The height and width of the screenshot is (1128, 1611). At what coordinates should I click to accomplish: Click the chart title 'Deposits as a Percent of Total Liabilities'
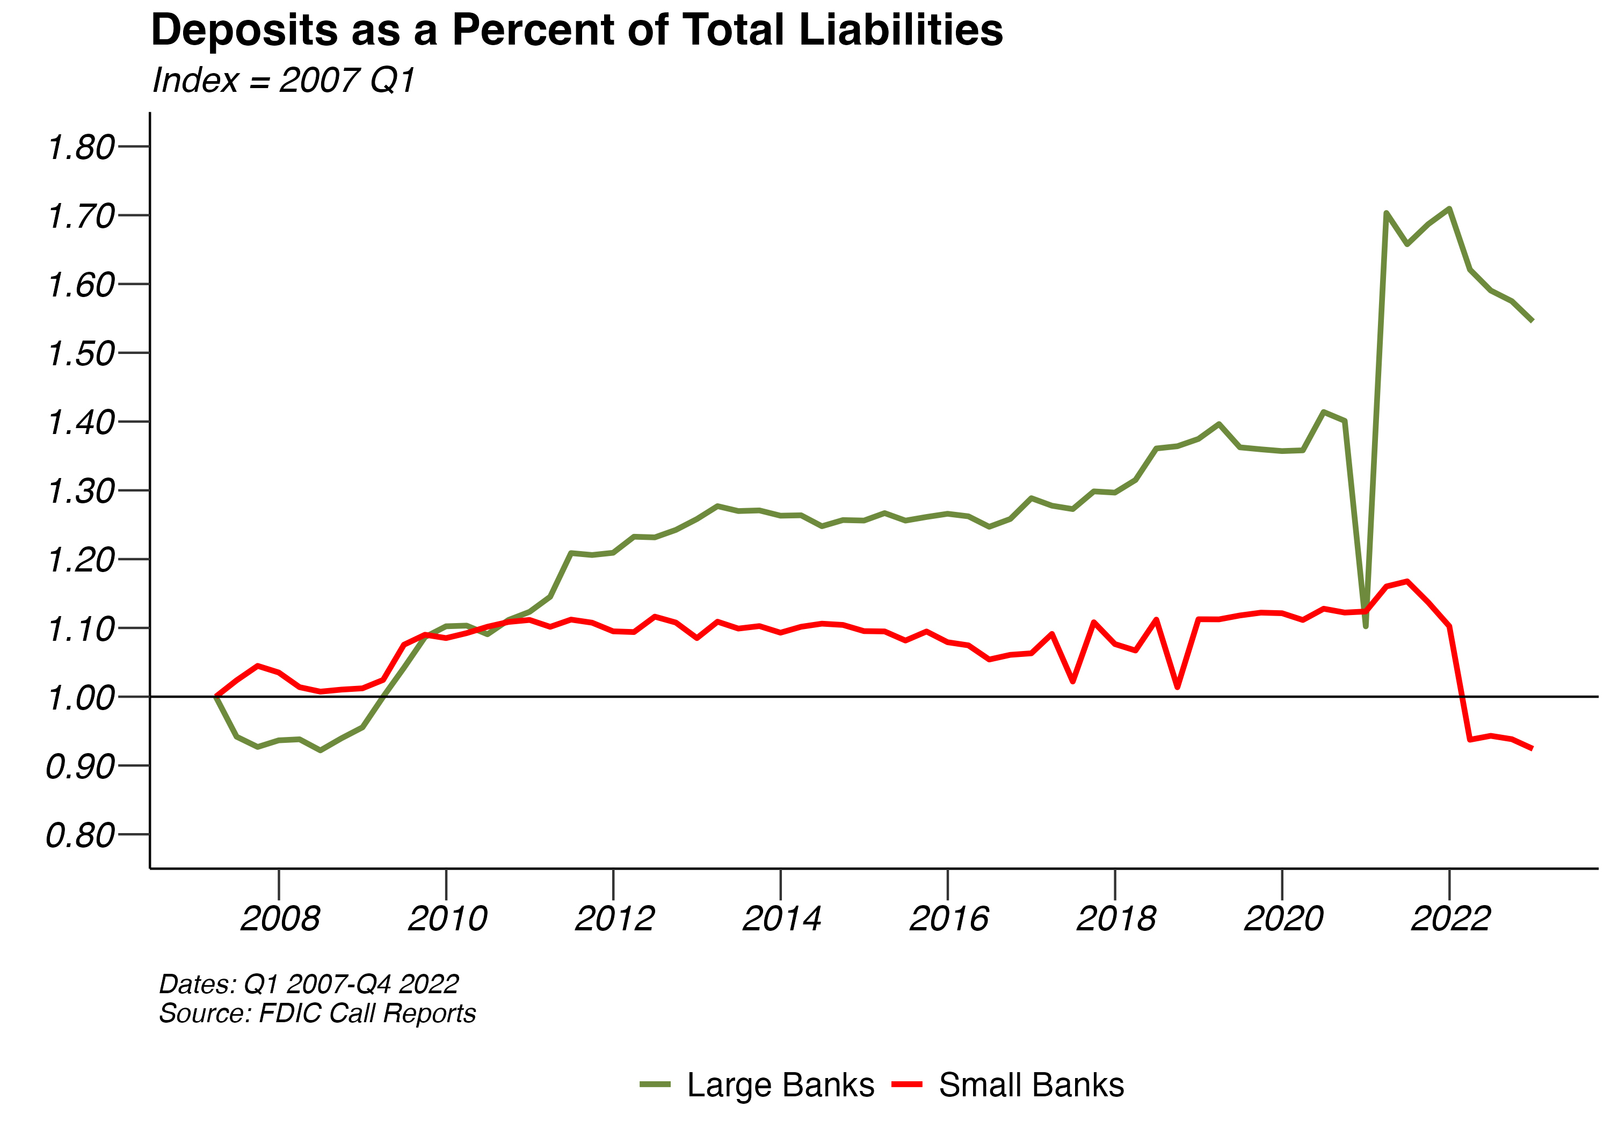point(577,31)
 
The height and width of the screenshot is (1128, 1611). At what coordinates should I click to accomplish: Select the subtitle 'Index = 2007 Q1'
point(284,80)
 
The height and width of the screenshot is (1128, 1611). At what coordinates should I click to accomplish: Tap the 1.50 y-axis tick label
point(81,354)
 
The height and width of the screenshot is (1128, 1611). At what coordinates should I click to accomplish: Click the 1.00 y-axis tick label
point(81,698)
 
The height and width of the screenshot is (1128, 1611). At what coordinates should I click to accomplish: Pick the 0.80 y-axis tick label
point(81,836)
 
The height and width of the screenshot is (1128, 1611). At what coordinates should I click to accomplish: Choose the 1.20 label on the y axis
point(81,561)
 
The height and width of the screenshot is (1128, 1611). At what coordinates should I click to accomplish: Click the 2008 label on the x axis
point(280,918)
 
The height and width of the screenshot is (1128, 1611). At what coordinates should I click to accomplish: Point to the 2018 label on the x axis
point(1116,918)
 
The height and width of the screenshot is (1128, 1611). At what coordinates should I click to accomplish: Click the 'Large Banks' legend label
point(780,1084)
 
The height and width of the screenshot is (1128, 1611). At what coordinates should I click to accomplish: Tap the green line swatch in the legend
point(655,1084)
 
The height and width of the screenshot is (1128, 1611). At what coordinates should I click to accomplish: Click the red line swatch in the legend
point(906,1084)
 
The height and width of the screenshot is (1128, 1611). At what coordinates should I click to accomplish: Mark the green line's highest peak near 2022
point(1449,208)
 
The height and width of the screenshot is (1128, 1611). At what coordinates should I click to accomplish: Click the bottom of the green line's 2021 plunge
point(1366,626)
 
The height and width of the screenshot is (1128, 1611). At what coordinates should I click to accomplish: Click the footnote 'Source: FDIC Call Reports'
point(317,1014)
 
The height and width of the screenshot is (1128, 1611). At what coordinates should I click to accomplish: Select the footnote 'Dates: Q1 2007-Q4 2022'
point(309,984)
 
